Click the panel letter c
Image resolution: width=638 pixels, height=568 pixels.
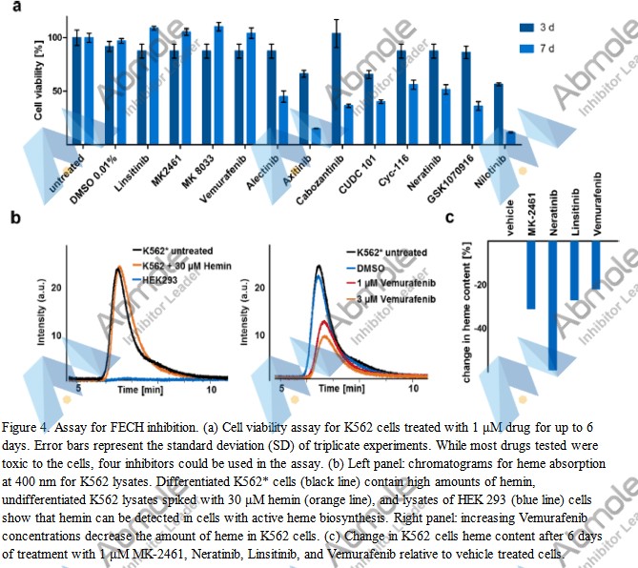[x=451, y=218]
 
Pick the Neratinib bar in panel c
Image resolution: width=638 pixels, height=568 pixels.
[x=552, y=305]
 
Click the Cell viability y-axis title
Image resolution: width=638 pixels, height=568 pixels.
[x=38, y=85]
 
